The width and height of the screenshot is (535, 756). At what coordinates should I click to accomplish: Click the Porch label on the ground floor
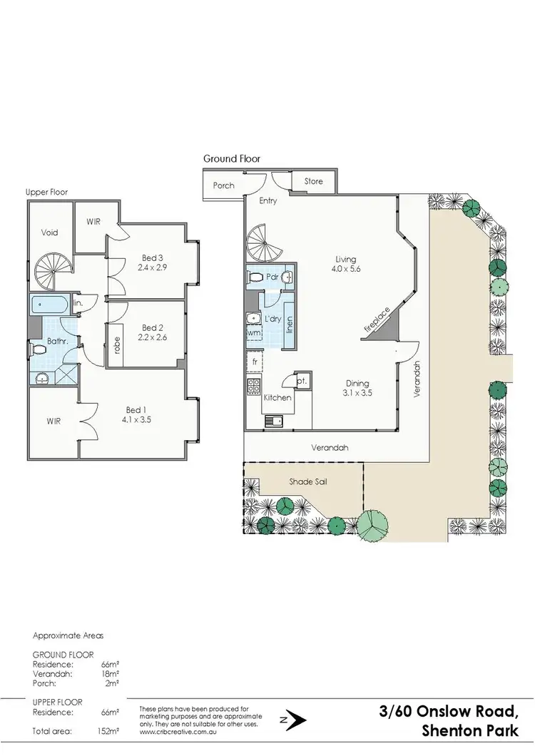point(223,185)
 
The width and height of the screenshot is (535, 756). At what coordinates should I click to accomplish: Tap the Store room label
point(314,181)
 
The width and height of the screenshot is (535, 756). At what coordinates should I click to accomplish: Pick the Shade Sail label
point(307,482)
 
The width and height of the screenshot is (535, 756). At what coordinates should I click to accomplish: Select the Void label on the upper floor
point(49,233)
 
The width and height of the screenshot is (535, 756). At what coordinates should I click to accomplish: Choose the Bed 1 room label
point(134,409)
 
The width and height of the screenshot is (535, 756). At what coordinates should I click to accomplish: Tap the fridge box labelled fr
point(255,362)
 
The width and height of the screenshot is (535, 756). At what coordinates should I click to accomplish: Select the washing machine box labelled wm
point(255,332)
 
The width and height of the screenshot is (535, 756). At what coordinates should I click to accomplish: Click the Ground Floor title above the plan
point(232,158)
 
